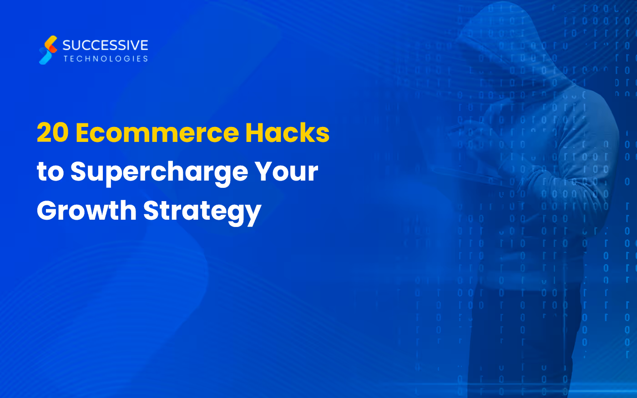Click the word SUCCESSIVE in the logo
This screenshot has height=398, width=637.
(x=105, y=45)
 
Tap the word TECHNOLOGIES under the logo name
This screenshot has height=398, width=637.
(x=106, y=59)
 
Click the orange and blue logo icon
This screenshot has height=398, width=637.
(x=48, y=50)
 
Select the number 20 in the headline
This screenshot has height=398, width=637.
(x=53, y=133)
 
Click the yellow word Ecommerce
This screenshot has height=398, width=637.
(x=157, y=133)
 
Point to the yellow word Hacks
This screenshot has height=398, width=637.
(x=288, y=133)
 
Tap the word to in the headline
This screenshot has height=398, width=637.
(x=50, y=172)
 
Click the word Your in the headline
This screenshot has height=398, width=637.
(x=286, y=172)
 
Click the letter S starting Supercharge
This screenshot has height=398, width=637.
(x=78, y=172)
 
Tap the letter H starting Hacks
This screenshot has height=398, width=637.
(x=256, y=133)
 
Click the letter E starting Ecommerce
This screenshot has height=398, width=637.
(x=84, y=133)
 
